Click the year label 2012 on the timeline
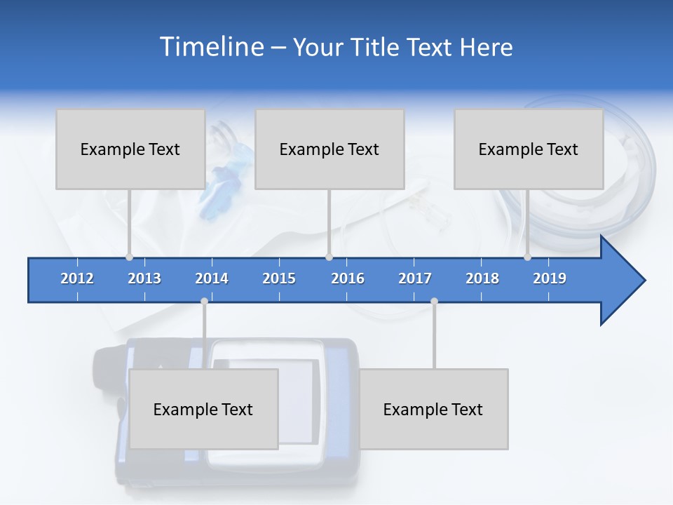[x=77, y=278]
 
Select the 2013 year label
[x=144, y=278]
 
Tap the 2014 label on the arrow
[x=212, y=278]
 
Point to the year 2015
[x=279, y=278]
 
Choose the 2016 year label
[x=348, y=278]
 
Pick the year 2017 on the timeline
[x=415, y=278]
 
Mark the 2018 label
[x=482, y=278]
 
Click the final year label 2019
[x=550, y=278]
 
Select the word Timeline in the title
[x=210, y=47]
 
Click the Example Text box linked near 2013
[x=130, y=149]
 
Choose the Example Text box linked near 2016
[x=329, y=149]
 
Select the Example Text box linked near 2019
[x=529, y=149]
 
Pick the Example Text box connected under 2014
[x=203, y=409]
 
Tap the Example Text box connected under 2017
[x=433, y=409]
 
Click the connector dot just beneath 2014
[x=204, y=301]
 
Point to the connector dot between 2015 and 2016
[x=329, y=257]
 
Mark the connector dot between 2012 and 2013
[x=129, y=257]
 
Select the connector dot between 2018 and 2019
[x=527, y=257]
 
